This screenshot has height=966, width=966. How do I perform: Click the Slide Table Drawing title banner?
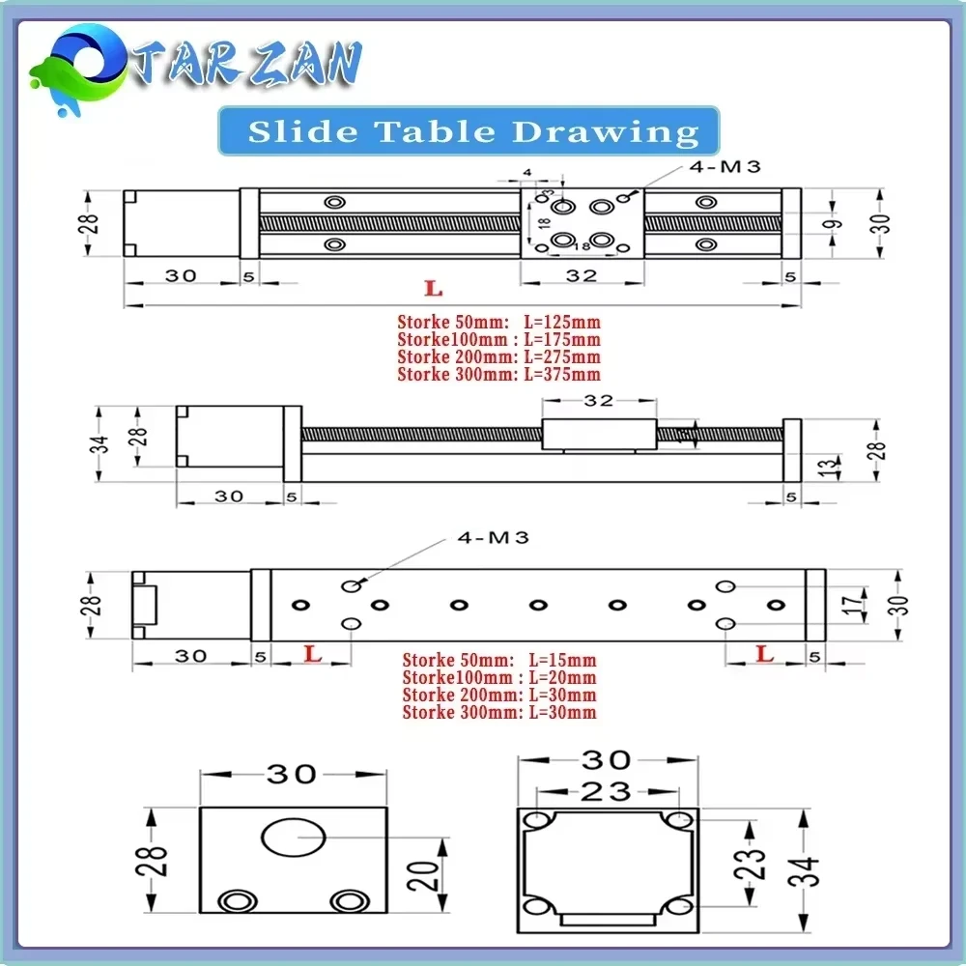coord(470,131)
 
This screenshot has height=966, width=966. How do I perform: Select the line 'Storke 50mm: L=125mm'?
coord(498,323)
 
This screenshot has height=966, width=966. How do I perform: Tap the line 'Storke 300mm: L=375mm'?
coord(498,375)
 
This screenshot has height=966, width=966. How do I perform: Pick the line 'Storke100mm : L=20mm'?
coord(498,678)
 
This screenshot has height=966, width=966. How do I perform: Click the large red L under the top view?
coord(434,288)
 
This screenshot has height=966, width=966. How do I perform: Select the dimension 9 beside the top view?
coord(834,224)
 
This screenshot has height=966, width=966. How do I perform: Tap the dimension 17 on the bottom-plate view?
coord(850,606)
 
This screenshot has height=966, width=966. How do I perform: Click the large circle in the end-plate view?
coord(295,837)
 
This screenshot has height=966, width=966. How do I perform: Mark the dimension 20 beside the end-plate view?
coord(431,874)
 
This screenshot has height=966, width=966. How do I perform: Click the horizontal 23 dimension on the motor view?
coord(606,792)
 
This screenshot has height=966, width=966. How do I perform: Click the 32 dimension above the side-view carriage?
coord(598,401)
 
